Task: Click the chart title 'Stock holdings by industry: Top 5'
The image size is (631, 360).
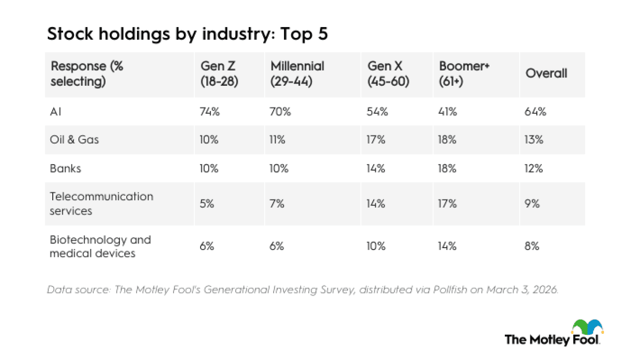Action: (187, 35)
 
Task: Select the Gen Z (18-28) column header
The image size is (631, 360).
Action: (219, 74)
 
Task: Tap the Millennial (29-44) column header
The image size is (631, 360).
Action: (297, 74)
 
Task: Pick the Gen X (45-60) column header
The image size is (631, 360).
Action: (388, 74)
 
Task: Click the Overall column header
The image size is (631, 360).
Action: (546, 73)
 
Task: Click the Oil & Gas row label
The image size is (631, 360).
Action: (74, 140)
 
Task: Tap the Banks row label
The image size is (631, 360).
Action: (66, 168)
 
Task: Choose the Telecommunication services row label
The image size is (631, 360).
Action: (102, 203)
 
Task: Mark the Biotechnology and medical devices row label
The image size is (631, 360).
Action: (100, 247)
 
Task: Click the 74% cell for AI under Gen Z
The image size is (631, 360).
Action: (210, 111)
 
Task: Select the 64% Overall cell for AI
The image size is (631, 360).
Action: (536, 111)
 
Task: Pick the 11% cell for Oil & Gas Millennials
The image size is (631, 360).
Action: (278, 140)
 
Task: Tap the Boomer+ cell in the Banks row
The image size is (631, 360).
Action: (448, 168)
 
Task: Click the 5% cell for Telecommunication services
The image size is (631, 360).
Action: (207, 204)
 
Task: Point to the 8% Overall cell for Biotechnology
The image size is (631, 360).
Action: (532, 247)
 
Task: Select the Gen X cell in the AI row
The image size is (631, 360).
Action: (378, 111)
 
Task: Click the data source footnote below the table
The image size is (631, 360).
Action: (303, 290)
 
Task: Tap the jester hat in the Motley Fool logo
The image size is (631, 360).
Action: (587, 326)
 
